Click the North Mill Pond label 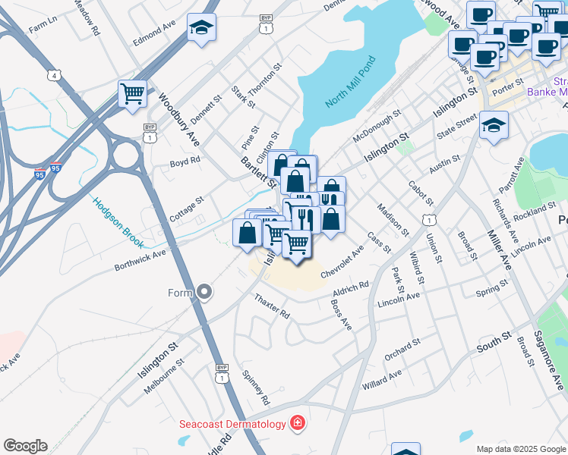click(x=350, y=82)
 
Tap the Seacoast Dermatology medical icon click(x=298, y=423)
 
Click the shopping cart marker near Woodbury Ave click(x=132, y=95)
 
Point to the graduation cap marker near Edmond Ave click(x=201, y=29)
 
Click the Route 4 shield click(x=53, y=75)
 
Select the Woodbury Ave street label click(x=180, y=120)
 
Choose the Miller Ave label click(x=498, y=249)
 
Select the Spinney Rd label click(x=256, y=387)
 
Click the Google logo click(x=25, y=446)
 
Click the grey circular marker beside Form click(x=204, y=292)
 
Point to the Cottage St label click(x=187, y=209)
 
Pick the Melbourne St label click(x=163, y=380)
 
